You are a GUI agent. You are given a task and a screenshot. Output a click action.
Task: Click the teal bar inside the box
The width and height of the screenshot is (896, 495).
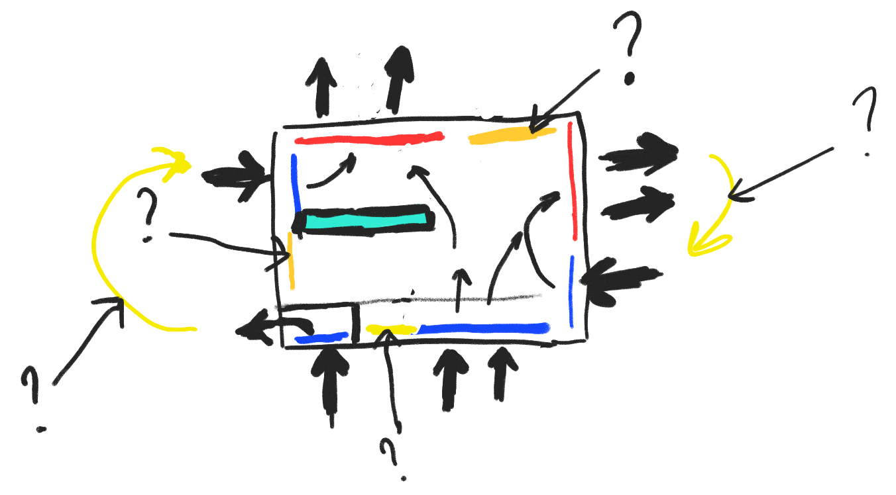coord(365,220)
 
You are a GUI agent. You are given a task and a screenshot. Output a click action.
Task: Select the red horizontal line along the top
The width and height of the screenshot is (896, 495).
coord(369,139)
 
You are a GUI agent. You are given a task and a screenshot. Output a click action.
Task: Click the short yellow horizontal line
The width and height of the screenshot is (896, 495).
coord(391,329)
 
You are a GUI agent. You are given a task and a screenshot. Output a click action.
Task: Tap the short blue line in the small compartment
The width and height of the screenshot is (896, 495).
coord(322,337)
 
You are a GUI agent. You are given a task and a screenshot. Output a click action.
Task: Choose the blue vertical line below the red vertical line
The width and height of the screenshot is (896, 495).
coord(571,291)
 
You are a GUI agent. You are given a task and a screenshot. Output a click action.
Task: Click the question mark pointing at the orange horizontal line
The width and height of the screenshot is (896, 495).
coord(626,50)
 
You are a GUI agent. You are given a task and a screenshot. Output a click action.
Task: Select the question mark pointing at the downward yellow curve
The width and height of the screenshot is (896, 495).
coord(866,122)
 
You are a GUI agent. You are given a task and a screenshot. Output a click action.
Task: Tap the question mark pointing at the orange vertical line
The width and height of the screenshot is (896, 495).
coord(147,215)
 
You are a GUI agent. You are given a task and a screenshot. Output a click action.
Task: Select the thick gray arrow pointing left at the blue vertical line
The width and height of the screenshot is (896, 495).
coord(620,278)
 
